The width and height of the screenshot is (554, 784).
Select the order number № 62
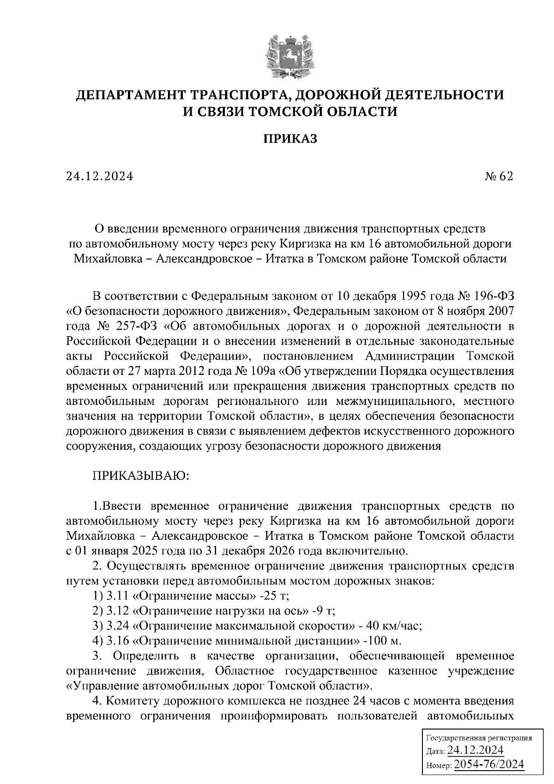tap(499, 176)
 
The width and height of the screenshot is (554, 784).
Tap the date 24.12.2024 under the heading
tap(100, 176)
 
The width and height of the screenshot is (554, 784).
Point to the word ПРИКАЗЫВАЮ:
tap(141, 476)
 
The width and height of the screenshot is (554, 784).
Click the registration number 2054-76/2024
tap(489, 765)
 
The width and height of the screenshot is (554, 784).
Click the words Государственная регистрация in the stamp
tap(478, 738)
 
